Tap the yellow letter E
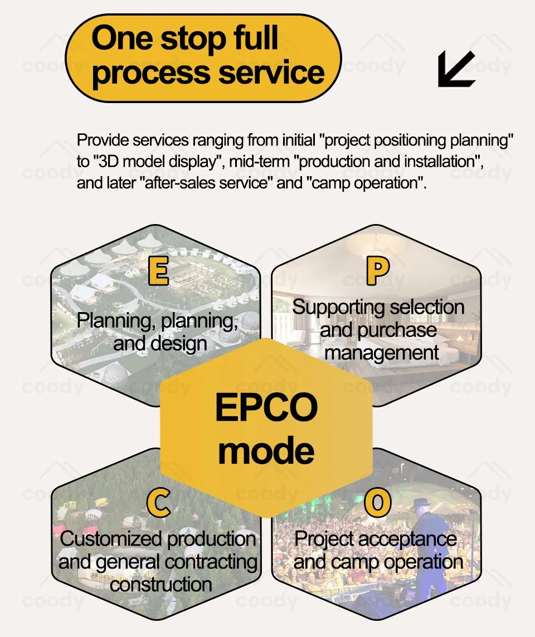tap(158, 271)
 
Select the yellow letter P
tap(378, 271)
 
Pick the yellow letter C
tap(158, 503)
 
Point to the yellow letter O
tap(378, 503)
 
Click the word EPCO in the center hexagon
tap(266, 408)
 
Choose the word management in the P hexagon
tap(382, 352)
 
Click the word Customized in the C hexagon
tap(111, 539)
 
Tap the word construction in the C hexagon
tap(160, 584)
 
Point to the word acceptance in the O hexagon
tap(408, 539)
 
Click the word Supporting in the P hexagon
tap(339, 307)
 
